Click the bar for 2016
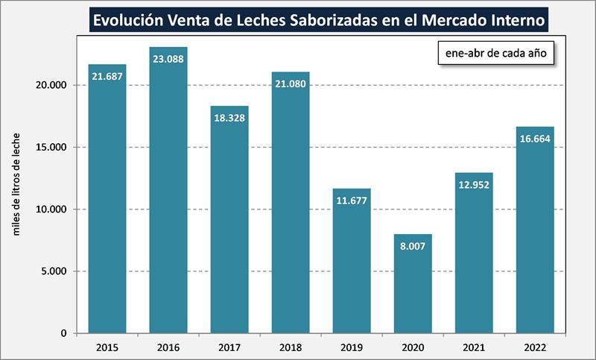click(168, 194)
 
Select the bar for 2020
click(413, 287)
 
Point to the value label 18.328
click(229, 118)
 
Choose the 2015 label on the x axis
click(107, 347)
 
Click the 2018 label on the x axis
click(291, 347)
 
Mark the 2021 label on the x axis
click(474, 347)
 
